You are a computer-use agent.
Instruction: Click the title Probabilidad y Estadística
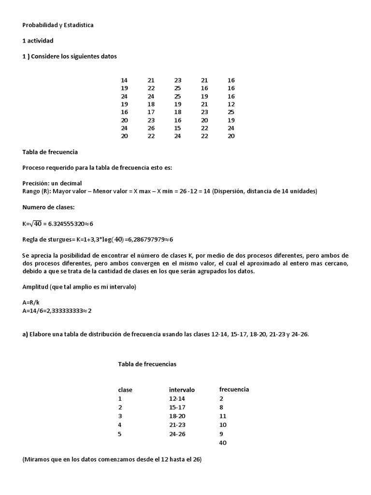tap(58, 25)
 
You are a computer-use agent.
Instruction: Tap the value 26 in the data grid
tap(151, 128)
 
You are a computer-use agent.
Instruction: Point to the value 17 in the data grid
tap(151, 112)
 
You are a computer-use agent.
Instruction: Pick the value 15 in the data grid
tap(178, 128)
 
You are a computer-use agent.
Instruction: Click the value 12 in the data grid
tap(231, 104)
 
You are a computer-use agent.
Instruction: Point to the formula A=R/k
tap(31, 303)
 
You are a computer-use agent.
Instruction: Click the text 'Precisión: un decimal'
tap(52, 183)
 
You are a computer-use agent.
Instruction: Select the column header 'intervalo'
tap(182, 390)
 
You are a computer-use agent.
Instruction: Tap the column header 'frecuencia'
tap(234, 389)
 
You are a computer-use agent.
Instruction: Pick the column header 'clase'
tap(125, 390)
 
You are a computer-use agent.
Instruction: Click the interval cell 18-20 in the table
tap(177, 416)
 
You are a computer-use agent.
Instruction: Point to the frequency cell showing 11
tap(223, 416)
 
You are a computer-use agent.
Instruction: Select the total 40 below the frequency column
tap(223, 442)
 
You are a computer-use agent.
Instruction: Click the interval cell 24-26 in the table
tap(177, 434)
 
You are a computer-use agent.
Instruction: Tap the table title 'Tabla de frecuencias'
tap(147, 364)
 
